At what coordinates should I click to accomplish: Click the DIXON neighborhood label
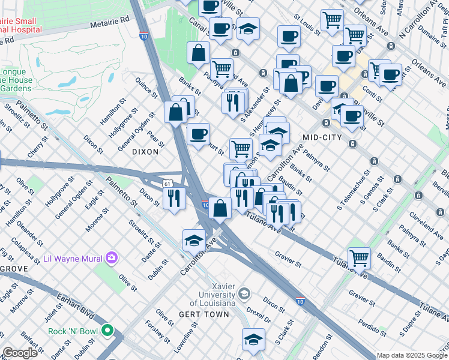[x=145, y=152]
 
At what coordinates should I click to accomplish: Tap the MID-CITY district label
[x=322, y=137]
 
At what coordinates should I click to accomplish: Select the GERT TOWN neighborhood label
[x=204, y=314]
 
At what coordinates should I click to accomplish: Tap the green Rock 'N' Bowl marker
[x=107, y=330]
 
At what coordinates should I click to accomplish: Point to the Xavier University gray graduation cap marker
[x=244, y=293]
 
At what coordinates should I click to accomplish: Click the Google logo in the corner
[x=20, y=353]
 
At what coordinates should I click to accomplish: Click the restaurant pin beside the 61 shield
[x=174, y=197]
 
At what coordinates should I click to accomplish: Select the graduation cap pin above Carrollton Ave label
[x=194, y=240]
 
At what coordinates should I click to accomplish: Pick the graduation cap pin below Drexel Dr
[x=253, y=340]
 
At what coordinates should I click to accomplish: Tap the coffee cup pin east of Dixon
[x=198, y=134]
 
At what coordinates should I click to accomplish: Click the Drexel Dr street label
[x=259, y=316]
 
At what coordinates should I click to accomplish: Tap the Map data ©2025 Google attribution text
[x=412, y=355]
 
